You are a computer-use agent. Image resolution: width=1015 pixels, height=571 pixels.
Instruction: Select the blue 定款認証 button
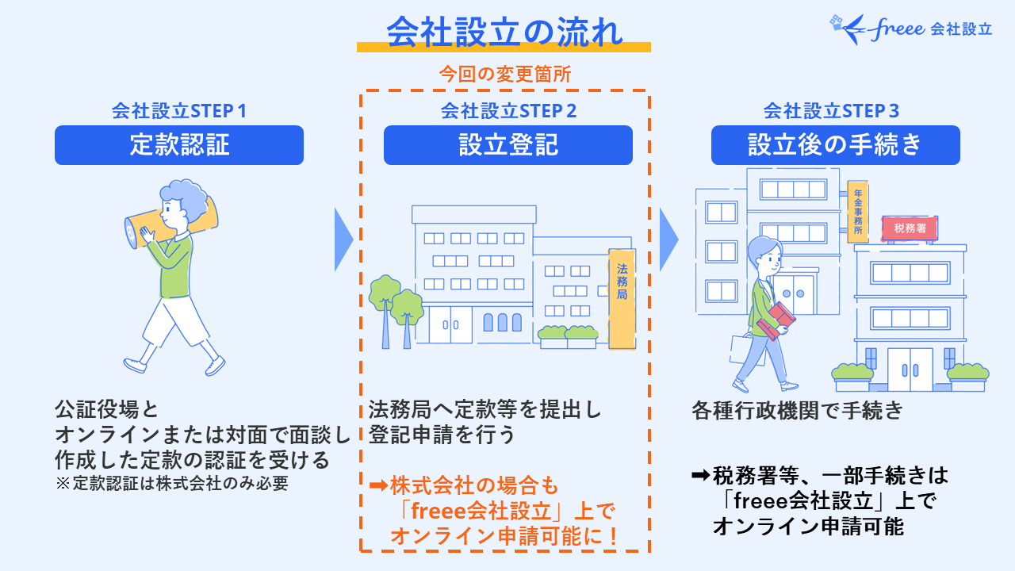click(179, 145)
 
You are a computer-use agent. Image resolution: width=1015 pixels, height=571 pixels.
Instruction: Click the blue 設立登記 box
click(508, 145)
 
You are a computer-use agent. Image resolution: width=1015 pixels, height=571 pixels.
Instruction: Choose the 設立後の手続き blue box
click(835, 145)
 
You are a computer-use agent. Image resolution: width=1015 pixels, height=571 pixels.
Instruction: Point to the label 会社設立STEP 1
click(179, 111)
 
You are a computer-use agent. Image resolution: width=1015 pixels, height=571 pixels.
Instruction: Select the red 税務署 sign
click(910, 228)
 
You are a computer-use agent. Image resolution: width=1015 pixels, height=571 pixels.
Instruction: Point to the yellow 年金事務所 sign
click(857, 212)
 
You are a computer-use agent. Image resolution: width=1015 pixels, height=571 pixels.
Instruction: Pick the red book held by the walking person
click(779, 318)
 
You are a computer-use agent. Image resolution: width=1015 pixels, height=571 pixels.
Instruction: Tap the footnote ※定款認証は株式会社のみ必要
click(171, 483)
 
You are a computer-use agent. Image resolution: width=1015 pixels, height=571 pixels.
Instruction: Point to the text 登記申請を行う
click(442, 435)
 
